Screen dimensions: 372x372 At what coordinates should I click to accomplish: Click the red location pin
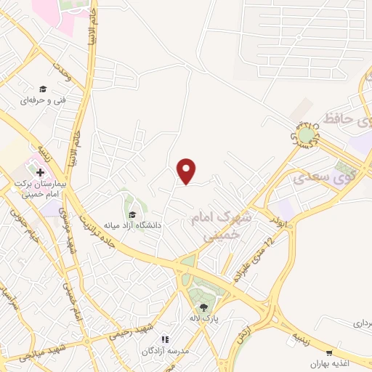pyautogui.click(x=187, y=170)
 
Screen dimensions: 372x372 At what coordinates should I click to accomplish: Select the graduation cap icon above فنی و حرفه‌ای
pyautogui.click(x=43, y=89)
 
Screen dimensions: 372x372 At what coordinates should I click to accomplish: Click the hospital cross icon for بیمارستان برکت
pyautogui.click(x=40, y=173)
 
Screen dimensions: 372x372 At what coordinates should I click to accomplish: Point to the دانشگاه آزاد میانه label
pyautogui.click(x=132, y=225)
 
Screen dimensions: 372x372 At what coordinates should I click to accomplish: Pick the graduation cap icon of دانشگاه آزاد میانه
pyautogui.click(x=132, y=214)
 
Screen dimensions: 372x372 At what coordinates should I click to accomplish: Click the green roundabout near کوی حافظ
pyautogui.click(x=307, y=134)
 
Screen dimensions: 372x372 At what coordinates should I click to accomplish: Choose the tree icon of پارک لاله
pyautogui.click(x=195, y=306)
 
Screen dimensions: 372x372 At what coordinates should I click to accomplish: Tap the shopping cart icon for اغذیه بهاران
pyautogui.click(x=329, y=352)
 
